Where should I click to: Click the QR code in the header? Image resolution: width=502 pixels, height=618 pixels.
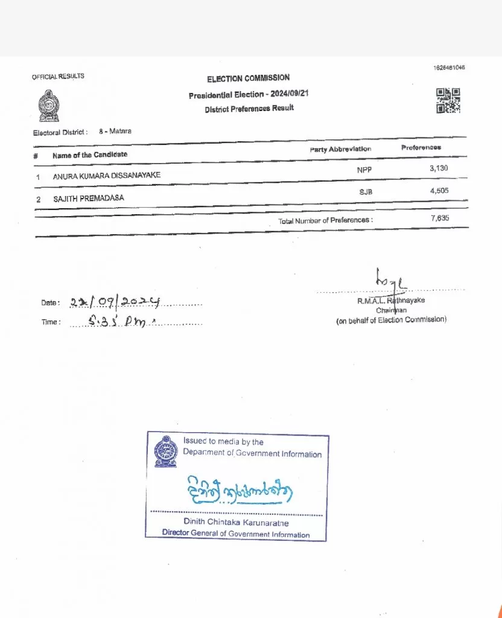coord(448,100)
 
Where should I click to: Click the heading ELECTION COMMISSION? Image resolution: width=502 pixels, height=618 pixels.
coord(248,78)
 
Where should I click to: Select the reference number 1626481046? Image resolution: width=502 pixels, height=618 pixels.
coord(449,68)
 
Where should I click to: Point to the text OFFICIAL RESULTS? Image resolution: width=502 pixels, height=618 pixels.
coord(58,77)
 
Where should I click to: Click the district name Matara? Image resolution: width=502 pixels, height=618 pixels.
coord(121,130)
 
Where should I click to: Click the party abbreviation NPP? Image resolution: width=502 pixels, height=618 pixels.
coord(364,171)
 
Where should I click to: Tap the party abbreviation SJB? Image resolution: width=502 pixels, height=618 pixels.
coord(364,192)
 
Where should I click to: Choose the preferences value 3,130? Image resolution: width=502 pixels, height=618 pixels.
coord(439,168)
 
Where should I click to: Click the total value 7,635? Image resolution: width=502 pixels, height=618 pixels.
coord(440,218)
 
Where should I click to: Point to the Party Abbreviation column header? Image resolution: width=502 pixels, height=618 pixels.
coord(340,149)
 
